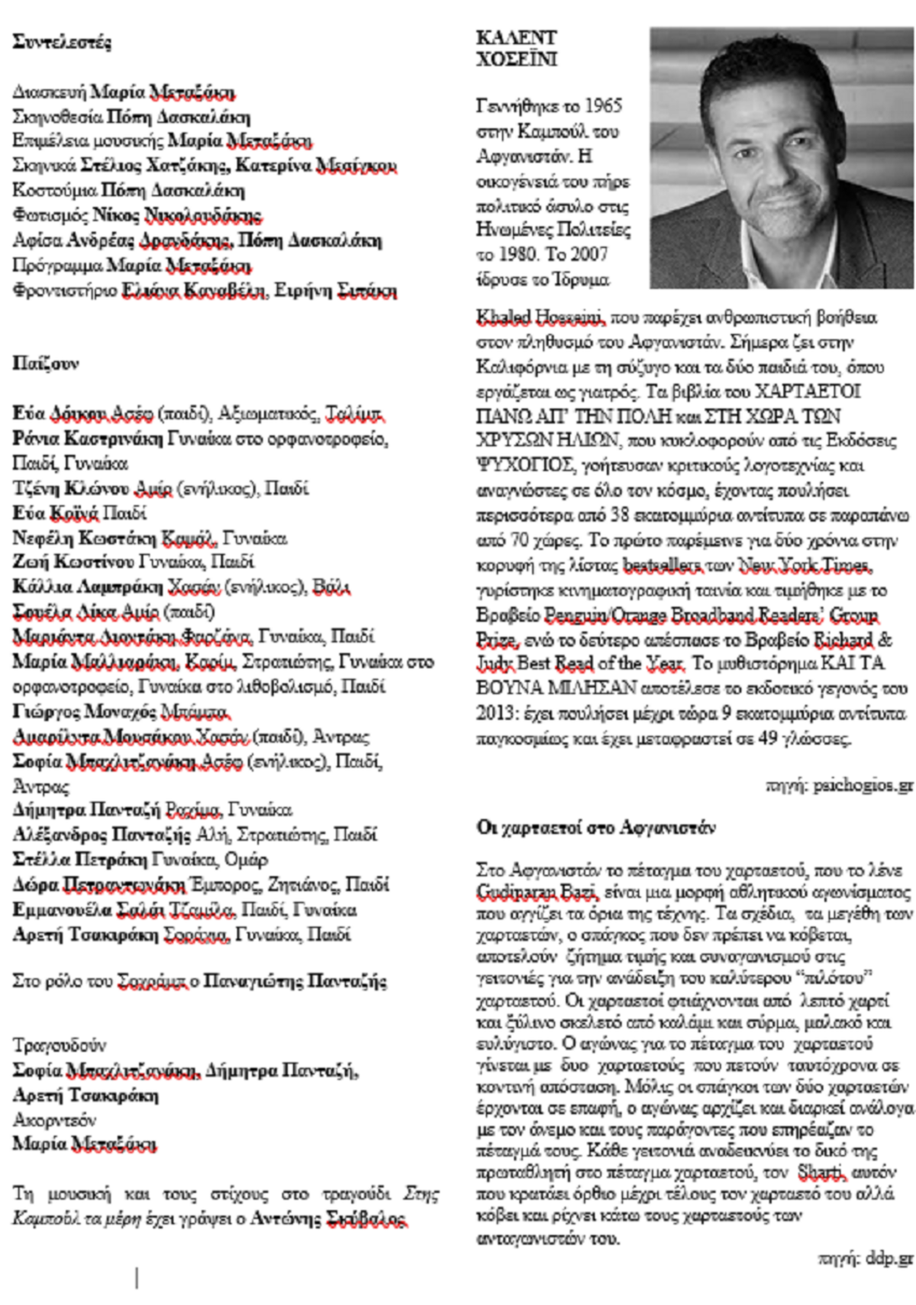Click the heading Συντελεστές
(x=62, y=43)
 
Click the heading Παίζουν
(x=45, y=363)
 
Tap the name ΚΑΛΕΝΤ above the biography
(x=516, y=37)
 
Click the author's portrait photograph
(x=782, y=158)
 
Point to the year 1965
(x=603, y=105)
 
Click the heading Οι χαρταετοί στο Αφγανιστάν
(x=595, y=827)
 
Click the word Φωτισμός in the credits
(x=50, y=216)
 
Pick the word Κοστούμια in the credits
(x=54, y=191)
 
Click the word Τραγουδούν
(x=59, y=1045)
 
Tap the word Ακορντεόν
(x=54, y=1120)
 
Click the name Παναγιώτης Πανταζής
(x=295, y=981)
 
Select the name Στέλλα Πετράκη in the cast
(x=79, y=859)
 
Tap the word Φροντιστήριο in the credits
(x=65, y=291)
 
